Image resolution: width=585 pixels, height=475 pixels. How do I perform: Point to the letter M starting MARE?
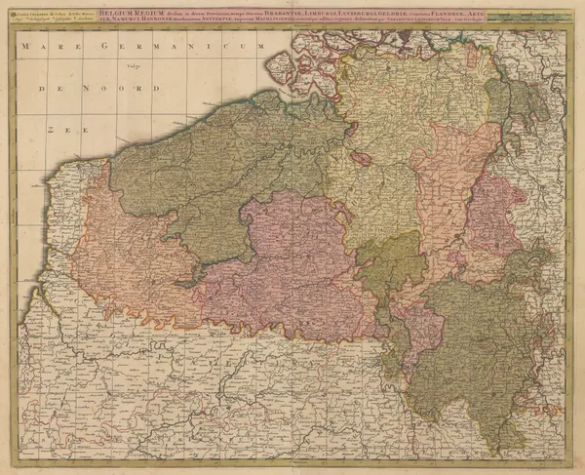(x=28, y=47)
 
